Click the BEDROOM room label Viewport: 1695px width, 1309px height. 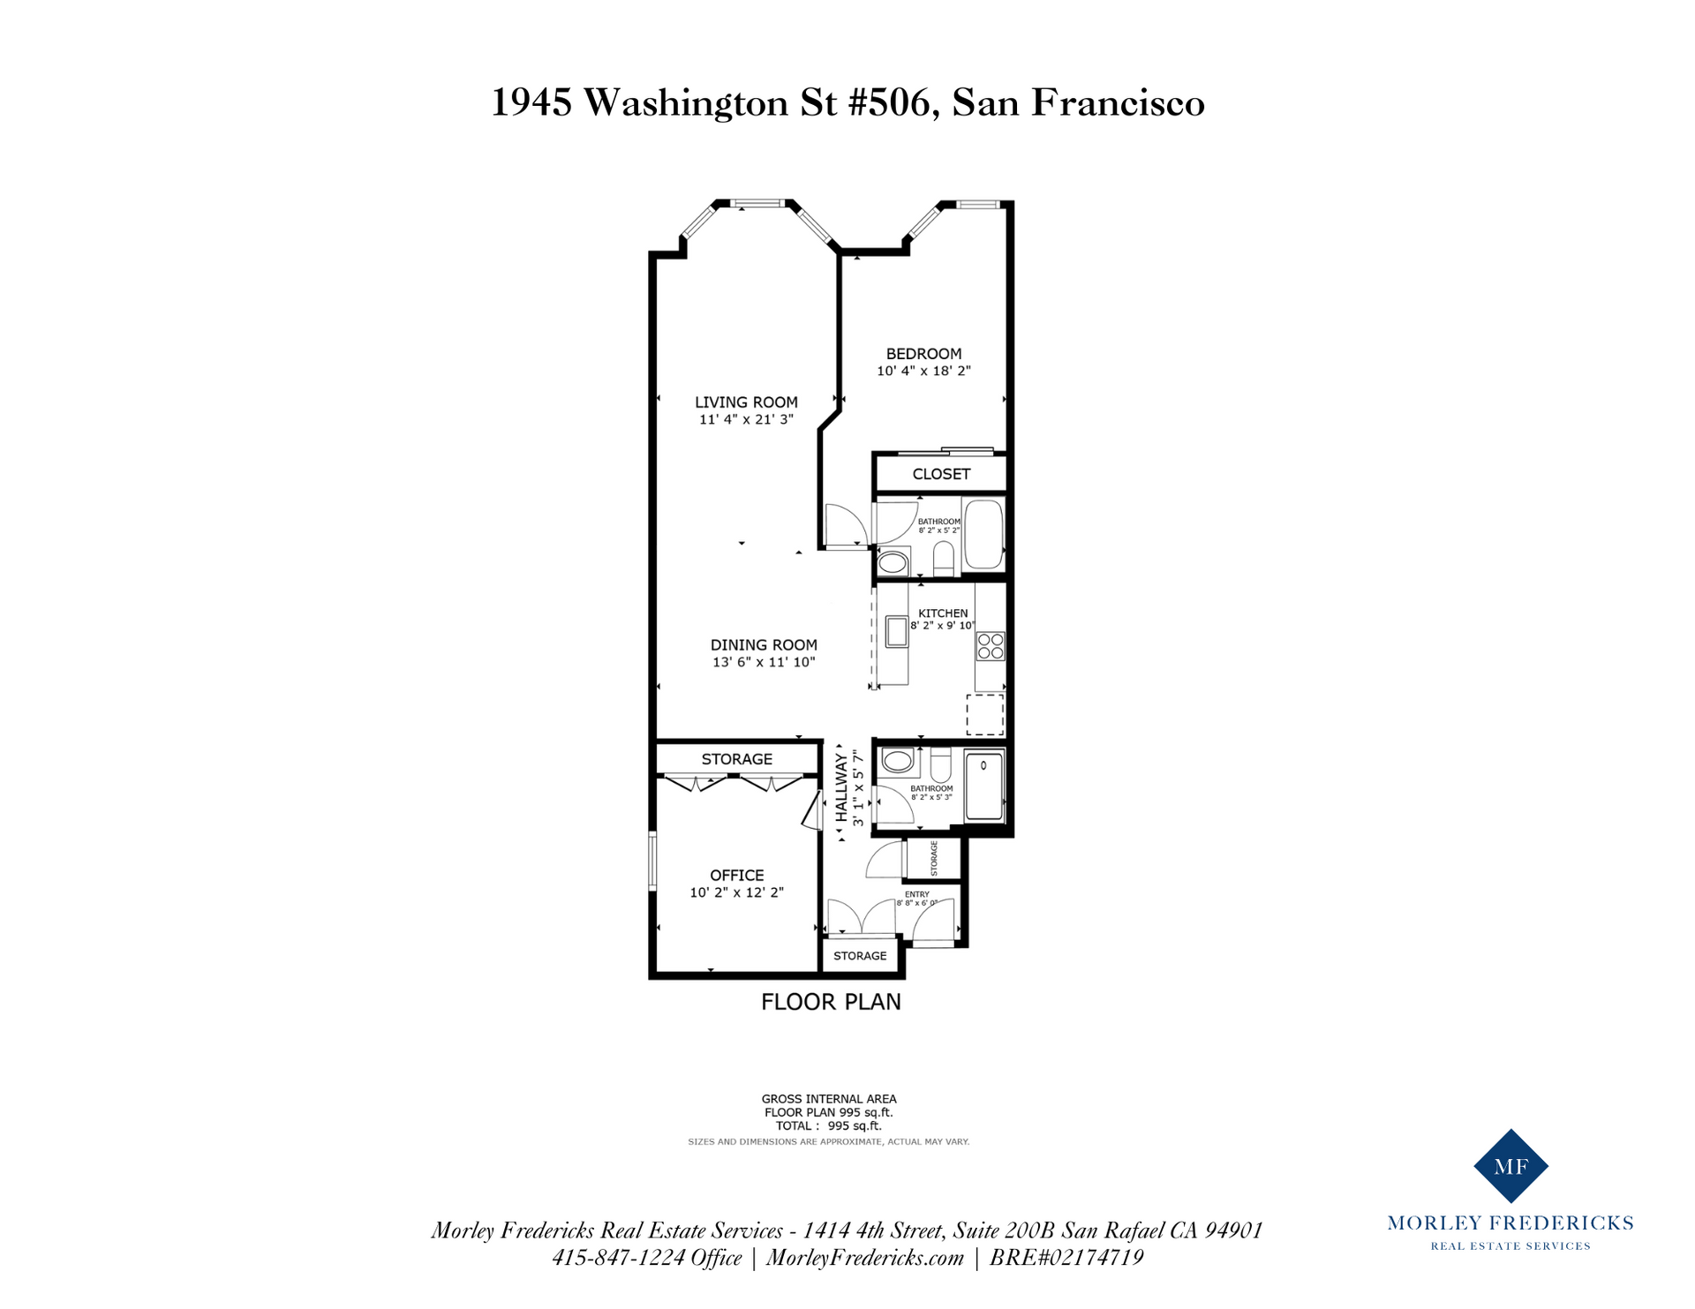(x=923, y=354)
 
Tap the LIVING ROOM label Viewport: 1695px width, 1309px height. (x=746, y=402)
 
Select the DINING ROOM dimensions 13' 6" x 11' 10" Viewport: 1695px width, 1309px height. (x=764, y=662)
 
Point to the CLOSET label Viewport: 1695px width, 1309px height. (x=941, y=474)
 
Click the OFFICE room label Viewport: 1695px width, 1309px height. (x=737, y=876)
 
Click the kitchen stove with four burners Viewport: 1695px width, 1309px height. (x=991, y=646)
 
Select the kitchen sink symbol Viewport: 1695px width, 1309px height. (x=897, y=632)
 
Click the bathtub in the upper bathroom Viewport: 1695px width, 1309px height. (x=983, y=535)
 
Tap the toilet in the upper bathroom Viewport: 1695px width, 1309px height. (x=944, y=559)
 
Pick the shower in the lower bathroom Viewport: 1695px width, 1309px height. (x=984, y=786)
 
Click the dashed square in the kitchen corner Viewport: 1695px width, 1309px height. (x=985, y=715)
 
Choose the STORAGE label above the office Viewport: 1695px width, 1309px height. (x=737, y=759)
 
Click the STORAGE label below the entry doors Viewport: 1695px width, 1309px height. (x=860, y=956)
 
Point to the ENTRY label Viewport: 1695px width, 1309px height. (x=917, y=894)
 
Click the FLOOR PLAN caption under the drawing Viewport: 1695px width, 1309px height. (x=831, y=1002)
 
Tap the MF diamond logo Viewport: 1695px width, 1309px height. (x=1510, y=1166)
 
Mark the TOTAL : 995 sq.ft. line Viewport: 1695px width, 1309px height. (x=829, y=1125)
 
